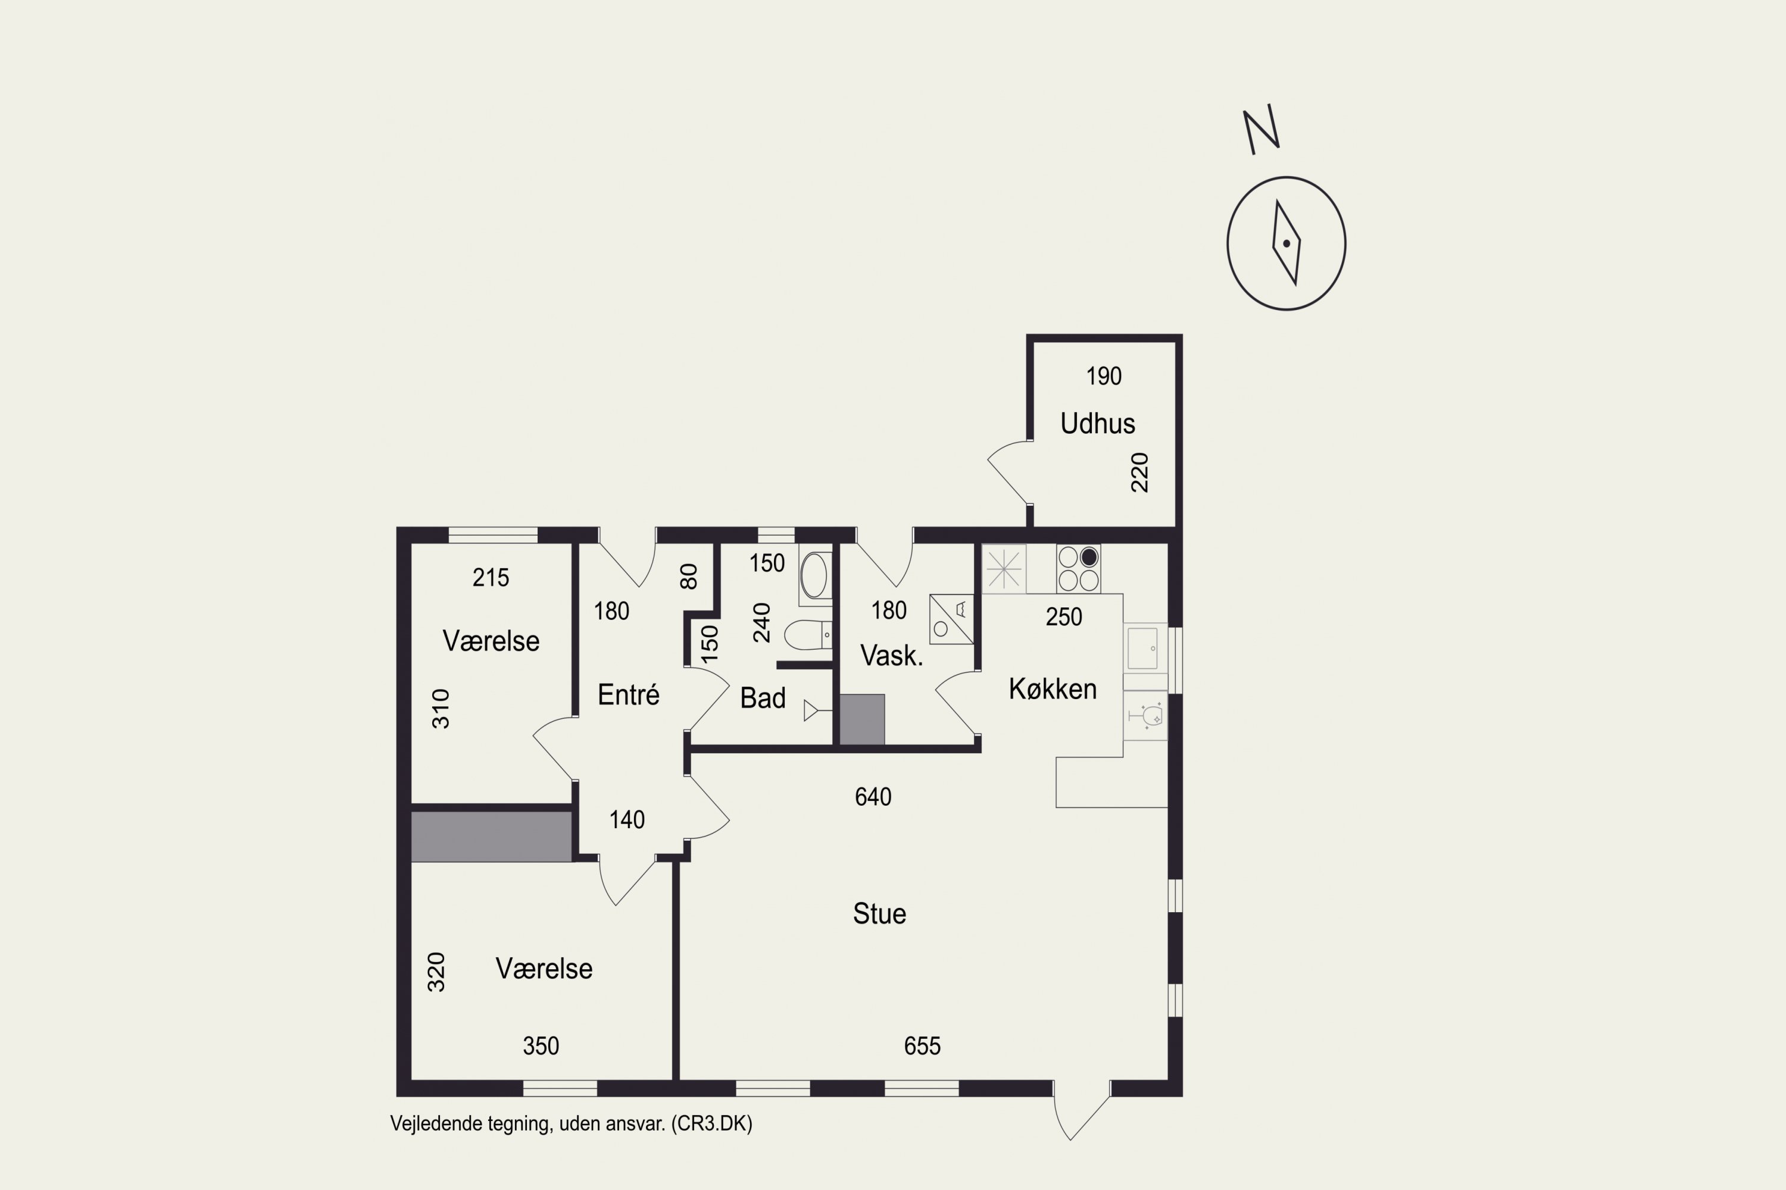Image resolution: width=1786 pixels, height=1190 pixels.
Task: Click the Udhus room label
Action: (x=1097, y=424)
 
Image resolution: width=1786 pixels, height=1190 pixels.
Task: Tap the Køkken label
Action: (x=1053, y=689)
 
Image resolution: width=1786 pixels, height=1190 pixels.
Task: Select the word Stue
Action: (x=879, y=914)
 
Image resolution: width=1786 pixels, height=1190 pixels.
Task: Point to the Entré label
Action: (x=628, y=694)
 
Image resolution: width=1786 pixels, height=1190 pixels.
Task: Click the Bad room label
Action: (x=763, y=698)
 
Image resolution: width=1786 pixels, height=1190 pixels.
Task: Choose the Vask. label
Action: (x=891, y=656)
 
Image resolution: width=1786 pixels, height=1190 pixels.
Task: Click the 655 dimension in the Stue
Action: (x=922, y=1047)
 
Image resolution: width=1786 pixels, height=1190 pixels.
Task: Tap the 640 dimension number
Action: (x=873, y=797)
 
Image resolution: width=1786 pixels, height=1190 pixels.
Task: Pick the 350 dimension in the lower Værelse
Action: (x=541, y=1047)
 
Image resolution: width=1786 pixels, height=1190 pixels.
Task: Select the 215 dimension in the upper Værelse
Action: (x=491, y=578)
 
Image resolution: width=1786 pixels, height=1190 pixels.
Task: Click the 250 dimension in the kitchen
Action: (x=1064, y=617)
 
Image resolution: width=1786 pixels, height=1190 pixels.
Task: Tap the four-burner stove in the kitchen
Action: (x=1078, y=568)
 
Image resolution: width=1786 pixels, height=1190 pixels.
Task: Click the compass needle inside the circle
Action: (x=1287, y=243)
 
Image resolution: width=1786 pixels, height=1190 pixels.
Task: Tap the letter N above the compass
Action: (x=1262, y=130)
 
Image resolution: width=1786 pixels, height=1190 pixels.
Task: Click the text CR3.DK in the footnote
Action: (x=711, y=1124)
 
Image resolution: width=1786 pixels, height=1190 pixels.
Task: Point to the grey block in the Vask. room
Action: (x=862, y=719)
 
